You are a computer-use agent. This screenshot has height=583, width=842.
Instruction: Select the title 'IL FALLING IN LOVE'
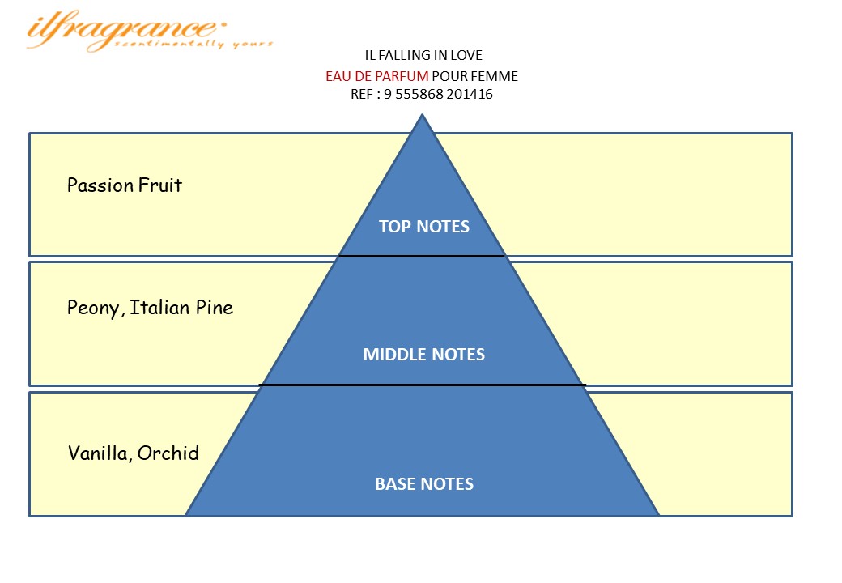[423, 56]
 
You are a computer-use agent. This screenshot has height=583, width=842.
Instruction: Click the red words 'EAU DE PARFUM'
[376, 76]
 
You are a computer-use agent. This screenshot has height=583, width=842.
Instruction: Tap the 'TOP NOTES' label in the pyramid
[423, 227]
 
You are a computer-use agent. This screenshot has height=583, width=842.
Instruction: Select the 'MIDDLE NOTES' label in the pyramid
[423, 355]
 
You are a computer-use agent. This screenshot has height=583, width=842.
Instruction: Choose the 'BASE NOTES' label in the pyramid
[423, 484]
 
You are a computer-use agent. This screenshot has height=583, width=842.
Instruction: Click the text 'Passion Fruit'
[125, 185]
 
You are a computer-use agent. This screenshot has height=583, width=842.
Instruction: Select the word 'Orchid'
[168, 453]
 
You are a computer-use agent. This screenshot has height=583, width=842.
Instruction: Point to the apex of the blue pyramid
[422, 117]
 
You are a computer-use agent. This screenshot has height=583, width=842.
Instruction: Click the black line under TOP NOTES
[421, 256]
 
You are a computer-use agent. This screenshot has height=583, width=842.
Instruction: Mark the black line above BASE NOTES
[421, 385]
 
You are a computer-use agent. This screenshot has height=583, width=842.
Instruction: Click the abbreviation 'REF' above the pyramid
[356, 94]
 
